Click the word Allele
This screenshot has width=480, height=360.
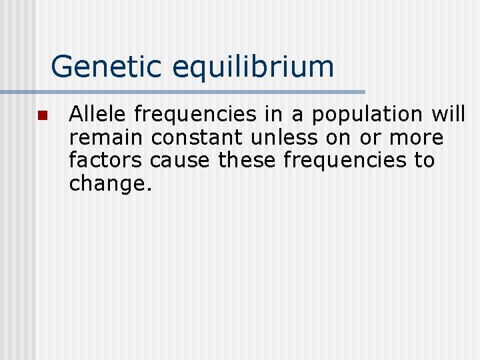click(98, 115)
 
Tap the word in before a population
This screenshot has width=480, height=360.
click(274, 115)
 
